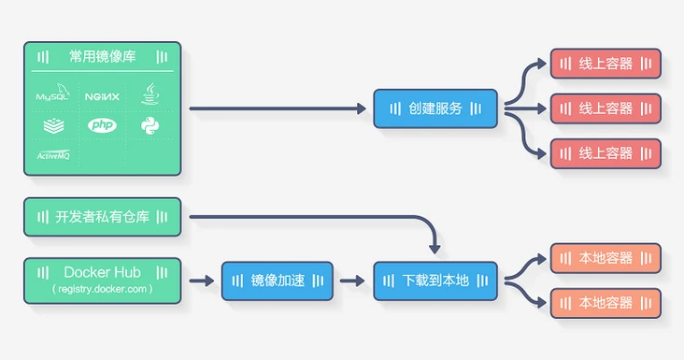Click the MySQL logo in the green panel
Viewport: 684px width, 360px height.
click(x=53, y=95)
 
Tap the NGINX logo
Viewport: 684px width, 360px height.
click(x=102, y=95)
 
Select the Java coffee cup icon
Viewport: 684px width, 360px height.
click(x=151, y=94)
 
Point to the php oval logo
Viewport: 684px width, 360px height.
click(x=102, y=125)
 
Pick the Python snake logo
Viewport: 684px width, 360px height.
click(x=151, y=125)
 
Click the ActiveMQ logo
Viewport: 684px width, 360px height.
click(x=53, y=154)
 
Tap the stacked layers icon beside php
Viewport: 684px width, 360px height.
click(x=53, y=125)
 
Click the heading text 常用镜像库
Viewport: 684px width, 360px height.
click(x=102, y=56)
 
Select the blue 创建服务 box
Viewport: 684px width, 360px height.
click(x=435, y=108)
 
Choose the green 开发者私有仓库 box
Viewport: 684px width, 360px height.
click(x=102, y=217)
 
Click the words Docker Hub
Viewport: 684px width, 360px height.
click(x=102, y=272)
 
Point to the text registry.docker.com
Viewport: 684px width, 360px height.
click(x=102, y=289)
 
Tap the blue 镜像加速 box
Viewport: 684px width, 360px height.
click(x=277, y=280)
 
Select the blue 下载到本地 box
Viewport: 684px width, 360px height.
click(x=435, y=280)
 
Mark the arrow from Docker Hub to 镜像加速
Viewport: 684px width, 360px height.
click(x=201, y=280)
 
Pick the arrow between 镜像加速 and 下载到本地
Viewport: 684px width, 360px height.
click(x=352, y=280)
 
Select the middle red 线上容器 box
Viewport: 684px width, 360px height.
click(x=606, y=108)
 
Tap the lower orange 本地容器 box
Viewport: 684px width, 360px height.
click(x=606, y=302)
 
